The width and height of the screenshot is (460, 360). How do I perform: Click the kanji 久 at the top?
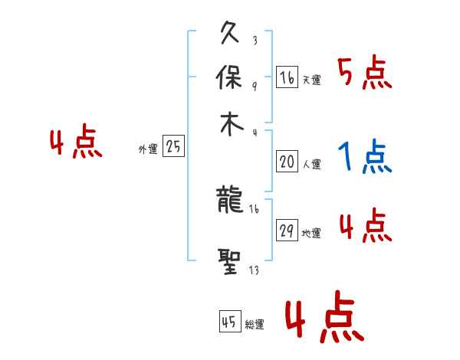tap(230, 34)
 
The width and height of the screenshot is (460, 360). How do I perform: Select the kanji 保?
tap(230, 79)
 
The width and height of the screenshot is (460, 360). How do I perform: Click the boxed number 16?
tap(287, 77)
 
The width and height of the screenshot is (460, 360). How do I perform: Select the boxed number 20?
tap(287, 161)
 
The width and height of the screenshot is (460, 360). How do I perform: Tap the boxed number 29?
tap(287, 231)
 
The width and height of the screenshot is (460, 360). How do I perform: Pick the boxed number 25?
tap(174, 147)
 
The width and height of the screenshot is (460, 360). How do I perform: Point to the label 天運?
tap(312, 80)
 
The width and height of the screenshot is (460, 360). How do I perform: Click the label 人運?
tap(312, 164)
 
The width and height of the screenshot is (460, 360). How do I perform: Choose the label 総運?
tap(255, 324)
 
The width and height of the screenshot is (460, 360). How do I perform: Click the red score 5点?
tap(364, 74)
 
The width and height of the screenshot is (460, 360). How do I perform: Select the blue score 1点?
tap(364, 158)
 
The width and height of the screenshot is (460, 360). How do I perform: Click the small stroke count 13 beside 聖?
tap(253, 269)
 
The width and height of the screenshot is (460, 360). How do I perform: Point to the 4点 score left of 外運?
tap(75, 144)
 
